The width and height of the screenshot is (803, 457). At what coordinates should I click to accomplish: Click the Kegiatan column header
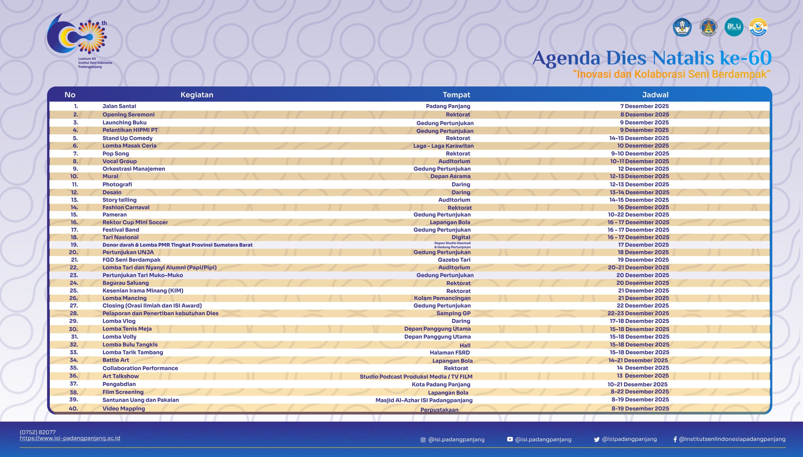click(x=197, y=95)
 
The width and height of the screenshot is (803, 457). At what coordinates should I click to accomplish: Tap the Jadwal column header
click(x=655, y=95)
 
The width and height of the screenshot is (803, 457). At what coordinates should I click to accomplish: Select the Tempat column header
click(x=456, y=95)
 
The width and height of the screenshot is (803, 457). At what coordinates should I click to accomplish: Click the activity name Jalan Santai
click(x=119, y=106)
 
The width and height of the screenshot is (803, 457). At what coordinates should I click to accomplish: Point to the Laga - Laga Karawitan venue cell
click(x=443, y=146)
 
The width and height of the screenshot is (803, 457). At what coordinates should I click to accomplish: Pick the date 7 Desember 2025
click(x=644, y=106)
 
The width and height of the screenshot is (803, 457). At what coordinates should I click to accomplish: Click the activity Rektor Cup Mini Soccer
click(x=135, y=222)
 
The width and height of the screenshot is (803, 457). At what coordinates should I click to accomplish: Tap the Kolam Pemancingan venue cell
click(x=442, y=298)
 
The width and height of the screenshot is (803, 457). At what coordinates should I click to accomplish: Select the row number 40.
click(x=73, y=408)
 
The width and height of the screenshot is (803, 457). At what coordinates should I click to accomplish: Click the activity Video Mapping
click(x=124, y=408)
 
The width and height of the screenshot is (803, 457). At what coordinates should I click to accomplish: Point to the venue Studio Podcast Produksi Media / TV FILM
click(x=416, y=376)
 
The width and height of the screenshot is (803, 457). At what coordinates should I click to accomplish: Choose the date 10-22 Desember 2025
click(x=638, y=214)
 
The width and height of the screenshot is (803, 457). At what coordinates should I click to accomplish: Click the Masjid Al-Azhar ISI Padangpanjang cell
click(x=424, y=400)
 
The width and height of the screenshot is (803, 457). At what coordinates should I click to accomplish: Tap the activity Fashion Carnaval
click(x=126, y=207)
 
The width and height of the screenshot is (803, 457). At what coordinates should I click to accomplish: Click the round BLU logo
click(x=734, y=27)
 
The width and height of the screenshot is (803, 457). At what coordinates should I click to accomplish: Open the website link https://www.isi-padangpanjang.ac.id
click(x=70, y=438)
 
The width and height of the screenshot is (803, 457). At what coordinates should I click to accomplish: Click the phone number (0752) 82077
click(x=38, y=432)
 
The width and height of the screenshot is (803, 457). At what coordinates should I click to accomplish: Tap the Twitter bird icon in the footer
click(x=596, y=439)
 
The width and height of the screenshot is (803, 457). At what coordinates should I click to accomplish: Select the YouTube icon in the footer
click(x=510, y=439)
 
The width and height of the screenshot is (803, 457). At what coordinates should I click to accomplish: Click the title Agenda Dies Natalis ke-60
click(x=652, y=58)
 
